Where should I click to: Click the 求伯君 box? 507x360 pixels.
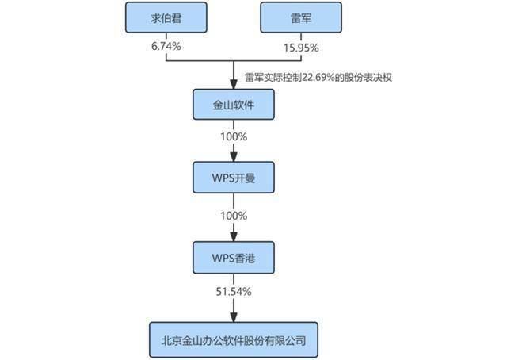[x=166, y=17]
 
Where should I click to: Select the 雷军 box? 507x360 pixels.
[x=301, y=17]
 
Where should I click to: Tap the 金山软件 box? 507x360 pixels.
[x=234, y=105]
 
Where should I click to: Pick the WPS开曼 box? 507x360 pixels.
[x=234, y=178]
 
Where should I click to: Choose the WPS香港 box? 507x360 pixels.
[x=234, y=258]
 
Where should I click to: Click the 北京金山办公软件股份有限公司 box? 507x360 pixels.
[x=234, y=340]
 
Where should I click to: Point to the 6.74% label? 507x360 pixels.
[x=166, y=46]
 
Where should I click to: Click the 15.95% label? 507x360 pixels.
[x=301, y=48]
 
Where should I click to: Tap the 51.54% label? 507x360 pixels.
[x=234, y=292]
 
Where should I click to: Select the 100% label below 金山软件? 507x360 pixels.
[x=234, y=136]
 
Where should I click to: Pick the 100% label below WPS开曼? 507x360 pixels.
[x=234, y=216]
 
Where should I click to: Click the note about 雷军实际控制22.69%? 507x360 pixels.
[x=318, y=78]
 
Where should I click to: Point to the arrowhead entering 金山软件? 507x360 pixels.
[x=234, y=85]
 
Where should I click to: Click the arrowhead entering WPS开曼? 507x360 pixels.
[x=234, y=157]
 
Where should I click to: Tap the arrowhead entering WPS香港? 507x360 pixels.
[x=234, y=237]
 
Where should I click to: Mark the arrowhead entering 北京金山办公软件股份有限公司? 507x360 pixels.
[x=234, y=318]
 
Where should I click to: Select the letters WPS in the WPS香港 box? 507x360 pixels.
[x=223, y=258]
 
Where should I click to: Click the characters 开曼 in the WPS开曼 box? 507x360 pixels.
[x=245, y=178]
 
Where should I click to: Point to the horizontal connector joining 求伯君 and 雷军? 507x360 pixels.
[x=234, y=60]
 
